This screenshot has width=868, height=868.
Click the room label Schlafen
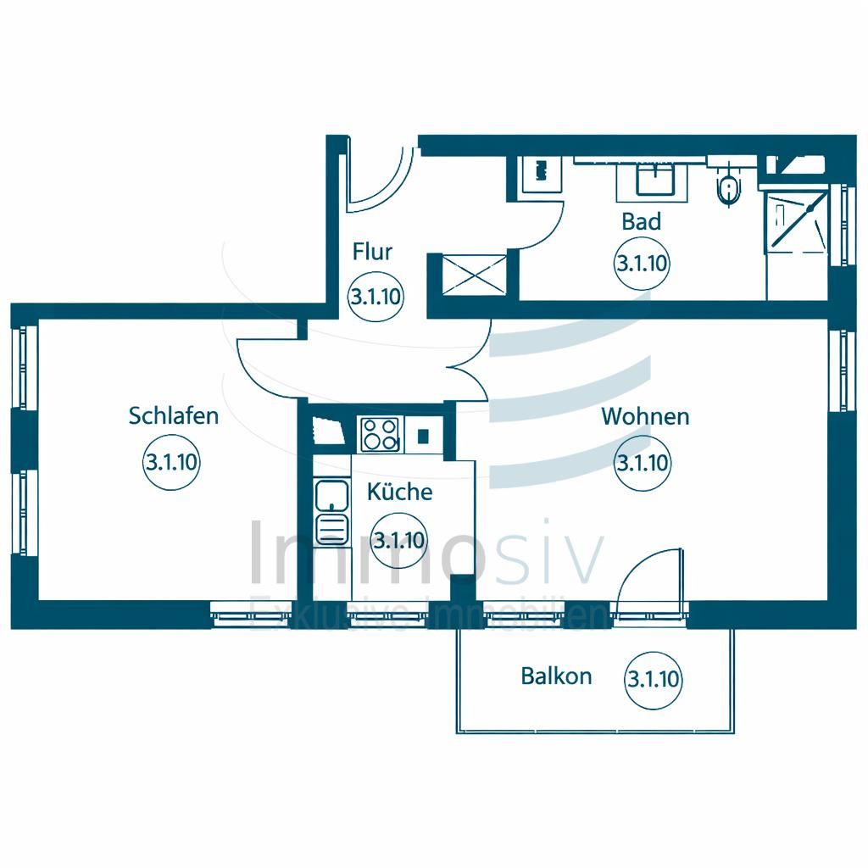174,416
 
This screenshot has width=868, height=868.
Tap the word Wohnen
645,417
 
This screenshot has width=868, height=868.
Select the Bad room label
641,222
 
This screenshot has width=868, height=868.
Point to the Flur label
373,252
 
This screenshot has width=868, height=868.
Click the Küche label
399,492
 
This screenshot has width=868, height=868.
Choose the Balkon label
556,676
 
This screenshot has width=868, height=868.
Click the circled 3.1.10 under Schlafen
171,463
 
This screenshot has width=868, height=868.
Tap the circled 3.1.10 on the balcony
653,679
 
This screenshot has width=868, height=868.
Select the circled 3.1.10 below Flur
375,297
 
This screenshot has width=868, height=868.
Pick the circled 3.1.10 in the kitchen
399,540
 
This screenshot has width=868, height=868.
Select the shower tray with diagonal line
797,220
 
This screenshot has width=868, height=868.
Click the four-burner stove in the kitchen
380,434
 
